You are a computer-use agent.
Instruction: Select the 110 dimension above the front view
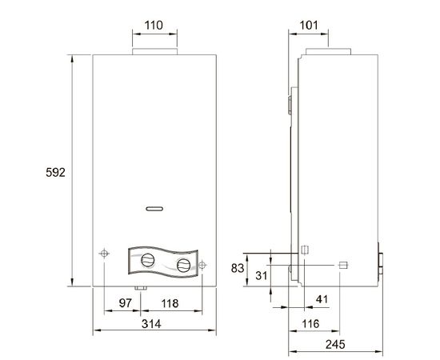coord(153,26)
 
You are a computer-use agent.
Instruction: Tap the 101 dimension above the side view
coord(309,26)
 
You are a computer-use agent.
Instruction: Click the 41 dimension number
coord(322,299)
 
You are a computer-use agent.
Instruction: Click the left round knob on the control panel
coord(148,260)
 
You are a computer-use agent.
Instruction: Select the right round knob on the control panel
coord(184,265)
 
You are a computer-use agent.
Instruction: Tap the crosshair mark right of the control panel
coord(203,265)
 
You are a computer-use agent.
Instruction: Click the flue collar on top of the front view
coord(152,53)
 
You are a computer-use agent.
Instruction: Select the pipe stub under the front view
coord(139,287)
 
